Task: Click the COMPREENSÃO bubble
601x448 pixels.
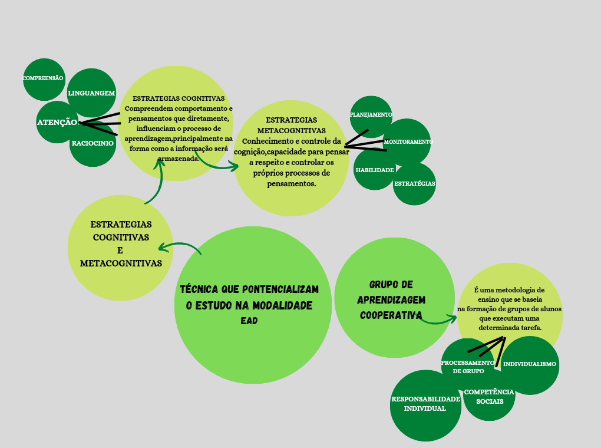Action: tap(44, 78)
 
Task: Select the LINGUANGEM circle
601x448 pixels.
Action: tap(91, 93)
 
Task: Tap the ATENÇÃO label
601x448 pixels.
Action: tap(57, 123)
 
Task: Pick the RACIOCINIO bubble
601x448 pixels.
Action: tap(93, 143)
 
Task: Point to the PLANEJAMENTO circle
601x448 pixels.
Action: tap(371, 115)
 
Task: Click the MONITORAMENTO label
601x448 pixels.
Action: tap(408, 142)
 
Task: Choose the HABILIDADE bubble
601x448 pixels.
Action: tap(374, 170)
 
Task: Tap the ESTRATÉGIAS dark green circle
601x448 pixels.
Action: tap(415, 183)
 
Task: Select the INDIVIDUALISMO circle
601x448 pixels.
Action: tap(530, 364)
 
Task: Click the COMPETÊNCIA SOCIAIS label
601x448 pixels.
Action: tap(489, 396)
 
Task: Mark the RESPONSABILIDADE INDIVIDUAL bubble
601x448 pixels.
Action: tap(425, 404)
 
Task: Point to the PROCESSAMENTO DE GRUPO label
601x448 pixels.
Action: tap(468, 367)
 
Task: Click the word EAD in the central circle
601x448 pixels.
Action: tap(249, 321)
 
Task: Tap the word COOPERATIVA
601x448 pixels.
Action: tap(391, 315)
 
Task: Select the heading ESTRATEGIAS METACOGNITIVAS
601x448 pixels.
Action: tap(291, 125)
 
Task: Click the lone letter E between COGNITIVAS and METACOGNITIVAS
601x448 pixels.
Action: tap(120, 249)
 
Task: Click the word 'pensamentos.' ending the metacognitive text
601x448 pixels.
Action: tap(291, 184)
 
